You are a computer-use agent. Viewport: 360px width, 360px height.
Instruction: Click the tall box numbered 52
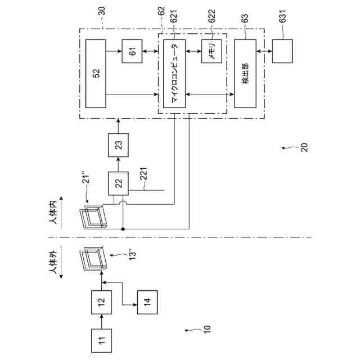[x=96, y=73]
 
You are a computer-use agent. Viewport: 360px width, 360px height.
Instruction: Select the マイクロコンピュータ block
[x=174, y=74]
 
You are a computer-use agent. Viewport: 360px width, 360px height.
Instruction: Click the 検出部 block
[x=245, y=74]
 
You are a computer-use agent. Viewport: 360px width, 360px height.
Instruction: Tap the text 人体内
[x=55, y=213]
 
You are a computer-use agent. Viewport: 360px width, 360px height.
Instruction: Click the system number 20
[x=304, y=147]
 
